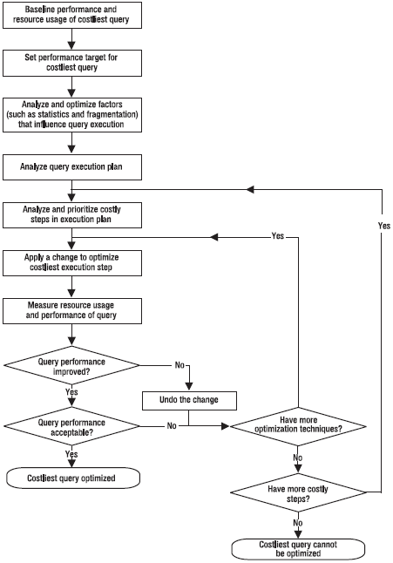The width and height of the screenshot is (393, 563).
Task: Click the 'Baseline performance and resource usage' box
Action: coord(72,15)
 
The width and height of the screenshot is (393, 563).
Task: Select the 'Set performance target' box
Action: coord(72,63)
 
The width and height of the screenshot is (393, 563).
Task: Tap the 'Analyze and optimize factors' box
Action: coord(72,115)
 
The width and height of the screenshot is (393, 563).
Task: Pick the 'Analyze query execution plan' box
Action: coord(72,167)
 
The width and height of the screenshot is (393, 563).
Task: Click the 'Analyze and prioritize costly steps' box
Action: coord(72,215)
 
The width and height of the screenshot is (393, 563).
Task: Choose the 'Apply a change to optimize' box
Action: coord(72,263)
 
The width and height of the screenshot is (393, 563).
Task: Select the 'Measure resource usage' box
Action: coord(72,311)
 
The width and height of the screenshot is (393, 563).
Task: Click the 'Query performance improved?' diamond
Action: coord(71,365)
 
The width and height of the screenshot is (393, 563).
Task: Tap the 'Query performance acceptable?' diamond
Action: coord(71,426)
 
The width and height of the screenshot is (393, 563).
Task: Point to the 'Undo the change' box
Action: coord(189,400)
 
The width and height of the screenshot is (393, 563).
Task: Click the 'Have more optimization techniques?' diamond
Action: coord(298,426)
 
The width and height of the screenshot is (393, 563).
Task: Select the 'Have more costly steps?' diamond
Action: coord(298,492)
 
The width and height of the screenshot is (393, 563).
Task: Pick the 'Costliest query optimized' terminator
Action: coord(73,478)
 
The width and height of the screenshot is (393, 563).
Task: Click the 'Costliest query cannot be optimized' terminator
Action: coord(298,549)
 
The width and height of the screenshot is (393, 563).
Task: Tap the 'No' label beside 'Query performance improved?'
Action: coord(180,365)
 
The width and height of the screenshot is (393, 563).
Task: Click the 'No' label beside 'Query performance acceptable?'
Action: coord(172,426)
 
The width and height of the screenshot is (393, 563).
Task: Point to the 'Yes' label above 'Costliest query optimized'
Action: coord(71,454)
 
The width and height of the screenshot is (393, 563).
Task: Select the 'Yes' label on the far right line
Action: coord(384,226)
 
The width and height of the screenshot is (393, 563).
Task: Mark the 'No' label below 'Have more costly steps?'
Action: coord(298,523)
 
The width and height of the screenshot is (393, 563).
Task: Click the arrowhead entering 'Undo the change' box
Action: coord(189,387)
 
